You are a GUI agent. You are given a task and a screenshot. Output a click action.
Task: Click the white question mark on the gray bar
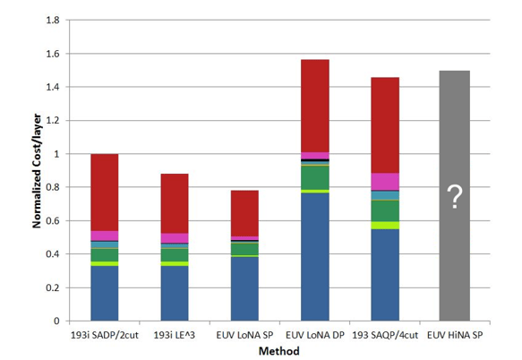[455, 199]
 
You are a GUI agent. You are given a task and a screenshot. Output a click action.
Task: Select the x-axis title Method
[279, 351]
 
